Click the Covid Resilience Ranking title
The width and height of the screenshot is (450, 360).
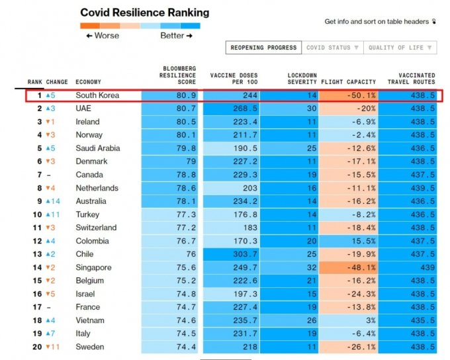[x=144, y=13]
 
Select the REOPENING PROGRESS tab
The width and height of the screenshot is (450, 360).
[x=263, y=48]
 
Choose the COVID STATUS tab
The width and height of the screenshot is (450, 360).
[x=332, y=48]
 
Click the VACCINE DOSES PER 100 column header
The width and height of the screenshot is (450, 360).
[x=232, y=78]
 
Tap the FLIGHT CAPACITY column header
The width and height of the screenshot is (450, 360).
[x=349, y=82]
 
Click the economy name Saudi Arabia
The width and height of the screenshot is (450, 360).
[x=98, y=148]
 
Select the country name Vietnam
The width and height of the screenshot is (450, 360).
[x=90, y=320]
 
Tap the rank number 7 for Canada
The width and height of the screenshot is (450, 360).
[x=39, y=175]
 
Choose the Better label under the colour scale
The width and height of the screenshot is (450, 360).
[x=176, y=36]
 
